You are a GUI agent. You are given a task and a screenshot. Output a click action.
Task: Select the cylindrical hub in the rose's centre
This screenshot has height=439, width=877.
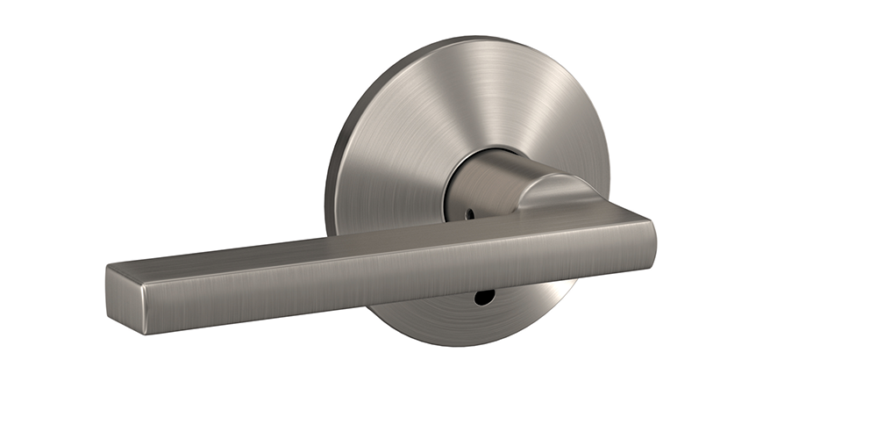[478, 185]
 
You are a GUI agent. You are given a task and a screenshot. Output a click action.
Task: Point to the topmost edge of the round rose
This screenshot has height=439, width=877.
[491, 38]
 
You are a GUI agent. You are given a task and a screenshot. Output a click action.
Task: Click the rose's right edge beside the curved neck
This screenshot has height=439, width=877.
[605, 176]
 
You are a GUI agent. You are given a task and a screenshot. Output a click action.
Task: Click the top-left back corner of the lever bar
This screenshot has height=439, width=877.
[110, 263]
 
